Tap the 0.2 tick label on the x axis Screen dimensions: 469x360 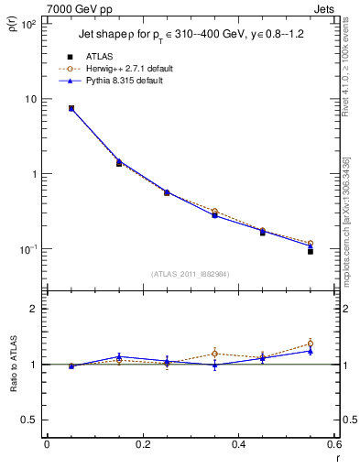click(143, 445)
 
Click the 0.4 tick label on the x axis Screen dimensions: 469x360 click(239, 445)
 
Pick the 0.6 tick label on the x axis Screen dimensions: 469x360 click(334, 445)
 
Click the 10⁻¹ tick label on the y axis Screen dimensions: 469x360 click(28, 249)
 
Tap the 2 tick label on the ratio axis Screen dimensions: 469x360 click(33, 310)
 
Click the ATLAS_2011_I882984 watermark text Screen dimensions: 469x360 click(191, 273)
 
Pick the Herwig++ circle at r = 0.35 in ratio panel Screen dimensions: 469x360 click(214, 354)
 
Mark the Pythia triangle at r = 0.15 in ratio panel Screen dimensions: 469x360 click(118, 356)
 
